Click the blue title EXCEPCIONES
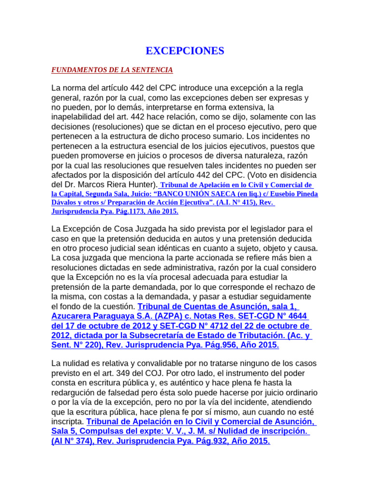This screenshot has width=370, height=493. point(185,51)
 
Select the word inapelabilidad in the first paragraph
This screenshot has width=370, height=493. point(78,117)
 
